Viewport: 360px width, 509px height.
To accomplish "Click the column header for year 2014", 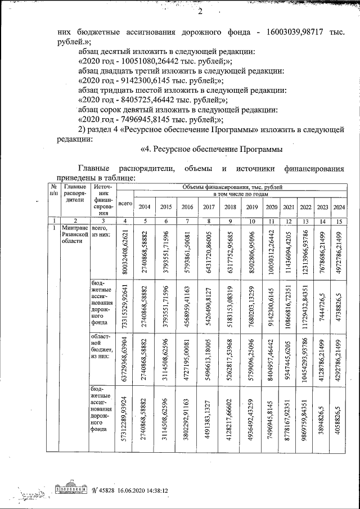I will point(145,206).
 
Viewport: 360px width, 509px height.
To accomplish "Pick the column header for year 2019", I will point(251,206).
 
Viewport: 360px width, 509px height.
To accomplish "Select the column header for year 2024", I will point(339,206).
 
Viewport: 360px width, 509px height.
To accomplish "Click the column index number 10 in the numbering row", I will point(251,221).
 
